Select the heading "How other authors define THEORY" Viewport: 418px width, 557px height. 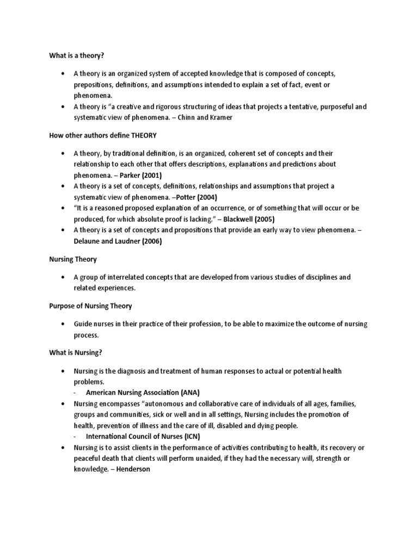(96, 135)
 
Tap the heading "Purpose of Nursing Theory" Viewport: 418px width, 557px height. (87, 306)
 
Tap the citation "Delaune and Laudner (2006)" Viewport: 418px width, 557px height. (118, 242)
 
